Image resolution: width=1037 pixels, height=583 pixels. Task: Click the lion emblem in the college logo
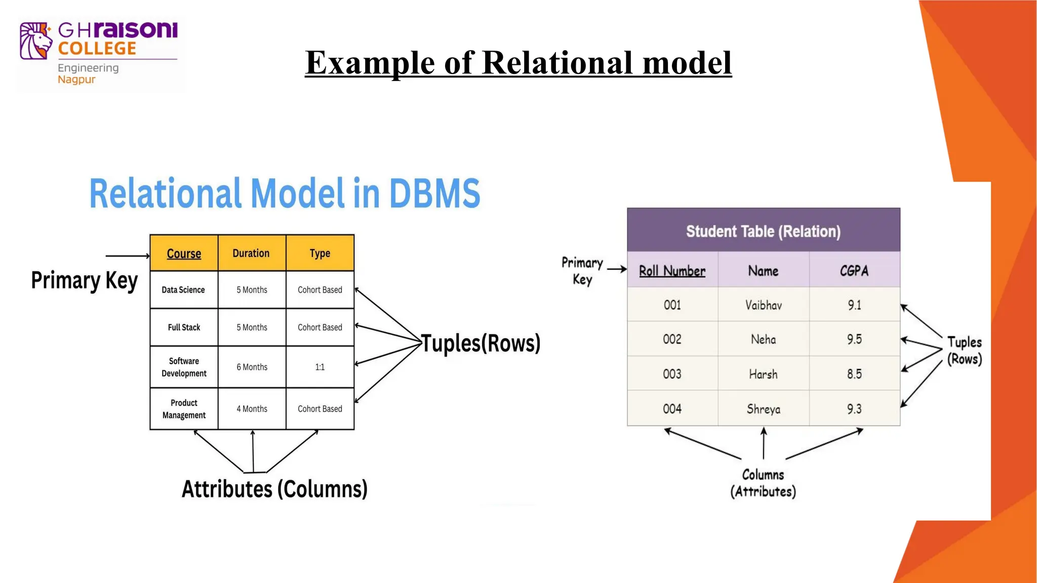click(35, 41)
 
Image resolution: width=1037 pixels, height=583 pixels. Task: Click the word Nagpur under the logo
click(76, 79)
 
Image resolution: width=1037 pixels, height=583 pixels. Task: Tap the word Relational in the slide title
click(557, 63)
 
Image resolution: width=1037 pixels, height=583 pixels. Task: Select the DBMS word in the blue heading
click(434, 193)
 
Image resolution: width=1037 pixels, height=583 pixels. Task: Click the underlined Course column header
click(184, 254)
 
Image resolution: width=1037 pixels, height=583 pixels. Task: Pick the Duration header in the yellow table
click(251, 253)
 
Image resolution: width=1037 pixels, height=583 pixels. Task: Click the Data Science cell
click(183, 290)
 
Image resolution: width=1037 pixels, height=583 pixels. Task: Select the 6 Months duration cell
click(252, 367)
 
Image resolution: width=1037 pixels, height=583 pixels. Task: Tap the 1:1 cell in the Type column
click(320, 367)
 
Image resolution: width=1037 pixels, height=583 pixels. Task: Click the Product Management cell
click(184, 409)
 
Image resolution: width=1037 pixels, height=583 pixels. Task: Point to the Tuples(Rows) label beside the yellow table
click(481, 343)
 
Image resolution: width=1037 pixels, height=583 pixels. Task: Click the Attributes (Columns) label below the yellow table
click(274, 489)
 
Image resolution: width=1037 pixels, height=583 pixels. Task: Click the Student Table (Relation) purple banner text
click(763, 231)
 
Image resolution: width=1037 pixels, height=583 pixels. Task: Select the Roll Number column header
click(672, 271)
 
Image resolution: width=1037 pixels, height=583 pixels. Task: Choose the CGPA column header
click(854, 271)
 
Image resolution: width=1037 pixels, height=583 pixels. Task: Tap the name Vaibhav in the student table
click(763, 305)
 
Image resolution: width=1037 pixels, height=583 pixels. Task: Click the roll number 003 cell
click(672, 374)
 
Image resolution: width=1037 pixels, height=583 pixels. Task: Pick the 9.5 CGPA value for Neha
click(854, 339)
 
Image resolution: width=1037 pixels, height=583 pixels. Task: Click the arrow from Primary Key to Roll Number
click(617, 269)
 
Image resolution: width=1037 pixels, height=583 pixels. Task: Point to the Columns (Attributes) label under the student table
click(763, 483)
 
